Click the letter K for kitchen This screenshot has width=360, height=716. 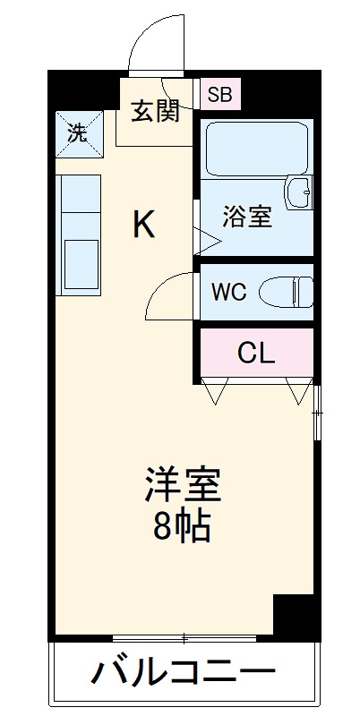point(144,226)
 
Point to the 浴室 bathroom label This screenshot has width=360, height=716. point(247,217)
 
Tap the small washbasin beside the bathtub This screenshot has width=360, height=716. point(298,190)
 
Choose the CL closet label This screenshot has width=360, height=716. point(256,354)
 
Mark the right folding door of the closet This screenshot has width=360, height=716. point(296,389)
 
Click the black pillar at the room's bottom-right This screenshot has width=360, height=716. point(295,617)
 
